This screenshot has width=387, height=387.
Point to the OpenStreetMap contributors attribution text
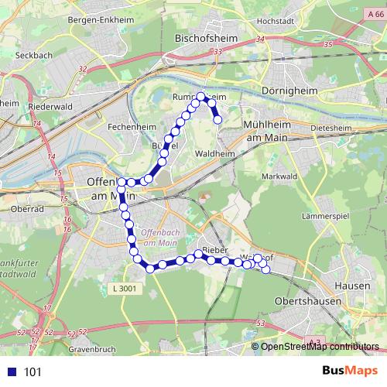tap(320, 347)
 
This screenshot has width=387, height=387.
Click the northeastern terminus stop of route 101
tap(218, 119)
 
